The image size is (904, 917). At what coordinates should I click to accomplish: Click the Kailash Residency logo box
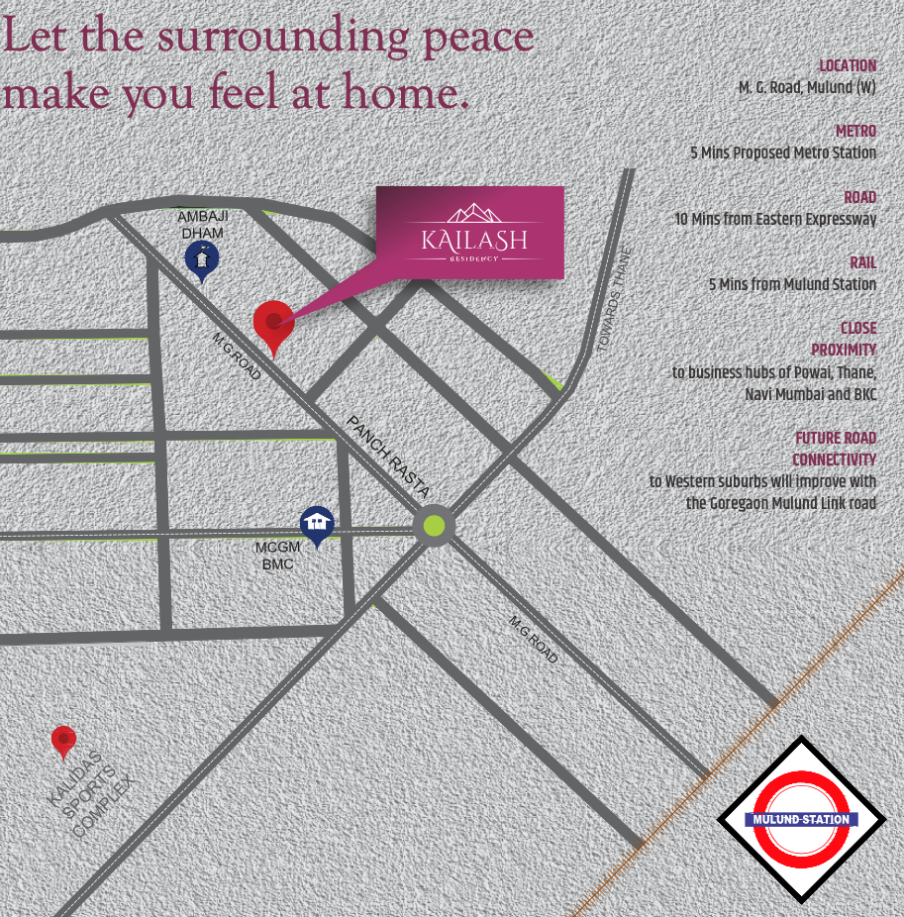[x=469, y=232]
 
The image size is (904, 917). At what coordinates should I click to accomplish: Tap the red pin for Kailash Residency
[x=273, y=323]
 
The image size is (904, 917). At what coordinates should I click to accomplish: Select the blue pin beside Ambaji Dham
[x=202, y=259]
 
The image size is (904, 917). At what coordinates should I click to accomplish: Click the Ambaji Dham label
[x=202, y=224]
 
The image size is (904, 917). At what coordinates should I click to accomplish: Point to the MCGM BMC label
[x=277, y=556]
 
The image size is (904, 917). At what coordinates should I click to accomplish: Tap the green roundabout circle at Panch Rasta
[x=434, y=525]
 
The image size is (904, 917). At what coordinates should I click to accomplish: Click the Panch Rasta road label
[x=387, y=457]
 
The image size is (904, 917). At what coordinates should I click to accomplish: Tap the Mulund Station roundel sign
[x=801, y=819]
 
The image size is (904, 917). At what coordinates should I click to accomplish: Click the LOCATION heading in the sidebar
[x=848, y=66]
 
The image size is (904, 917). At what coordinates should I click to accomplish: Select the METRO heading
[x=855, y=132]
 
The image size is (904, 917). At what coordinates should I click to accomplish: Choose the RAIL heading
[x=862, y=263]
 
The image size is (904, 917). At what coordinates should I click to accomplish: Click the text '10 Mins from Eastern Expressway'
[x=775, y=219]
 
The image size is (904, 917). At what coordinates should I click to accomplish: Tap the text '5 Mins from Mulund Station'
[x=792, y=284]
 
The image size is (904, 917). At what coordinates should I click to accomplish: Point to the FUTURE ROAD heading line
[x=835, y=439]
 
